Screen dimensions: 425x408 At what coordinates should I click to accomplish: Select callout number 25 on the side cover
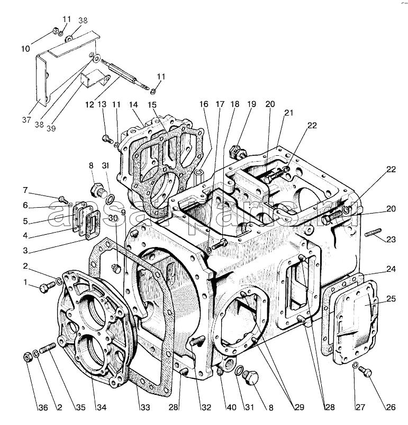click(x=391, y=299)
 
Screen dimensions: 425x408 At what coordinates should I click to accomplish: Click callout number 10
click(x=25, y=48)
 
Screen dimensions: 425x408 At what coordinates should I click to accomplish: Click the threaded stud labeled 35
click(x=47, y=350)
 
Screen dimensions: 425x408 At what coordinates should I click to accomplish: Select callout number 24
click(x=391, y=269)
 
